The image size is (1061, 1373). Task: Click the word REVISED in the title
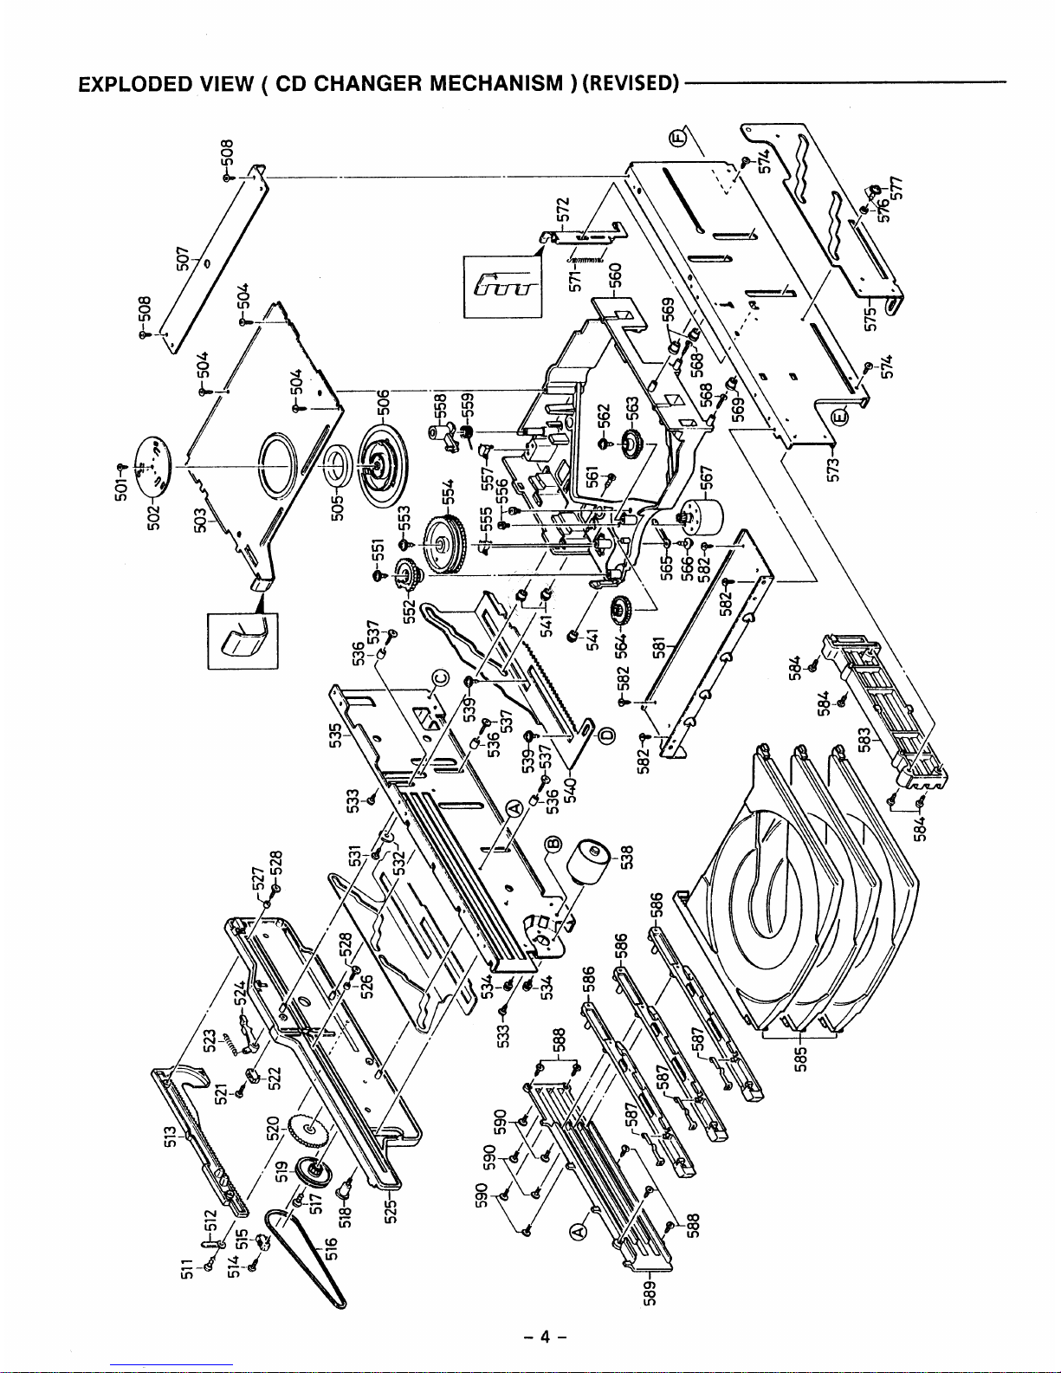click(631, 84)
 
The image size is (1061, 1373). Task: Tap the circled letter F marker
click(681, 136)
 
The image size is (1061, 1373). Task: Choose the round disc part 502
click(153, 458)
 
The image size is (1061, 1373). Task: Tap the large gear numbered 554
click(445, 542)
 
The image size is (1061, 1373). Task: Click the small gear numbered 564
click(621, 612)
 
